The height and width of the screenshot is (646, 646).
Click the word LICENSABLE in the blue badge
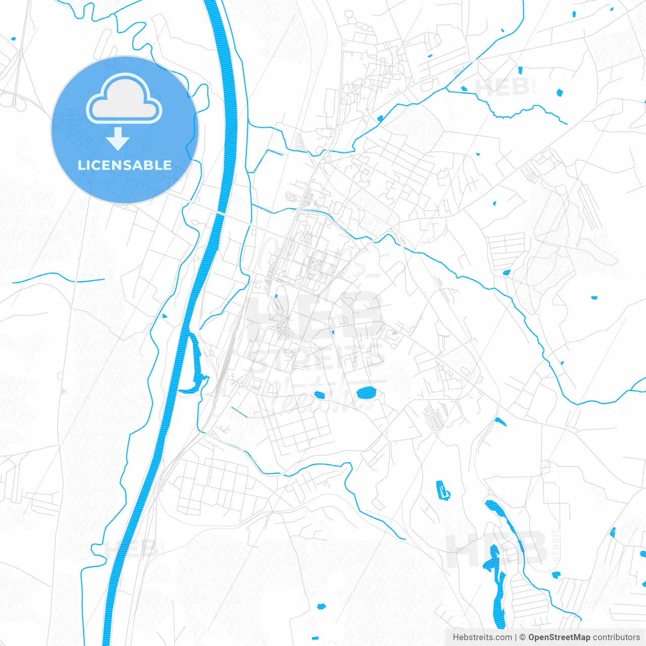point(125,166)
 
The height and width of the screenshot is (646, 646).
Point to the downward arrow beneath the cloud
point(118,138)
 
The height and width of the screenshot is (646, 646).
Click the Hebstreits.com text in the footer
point(482,637)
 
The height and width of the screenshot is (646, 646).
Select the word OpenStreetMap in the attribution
point(559,637)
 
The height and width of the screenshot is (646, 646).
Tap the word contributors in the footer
point(616,637)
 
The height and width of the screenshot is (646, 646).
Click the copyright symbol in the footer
point(523,637)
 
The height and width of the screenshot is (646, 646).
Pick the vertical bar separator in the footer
point(516,637)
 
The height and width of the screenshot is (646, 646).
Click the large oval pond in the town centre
point(366,392)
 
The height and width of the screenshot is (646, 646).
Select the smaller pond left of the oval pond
point(318,395)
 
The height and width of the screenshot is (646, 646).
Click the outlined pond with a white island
point(443,490)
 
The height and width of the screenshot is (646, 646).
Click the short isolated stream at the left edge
point(58,277)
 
